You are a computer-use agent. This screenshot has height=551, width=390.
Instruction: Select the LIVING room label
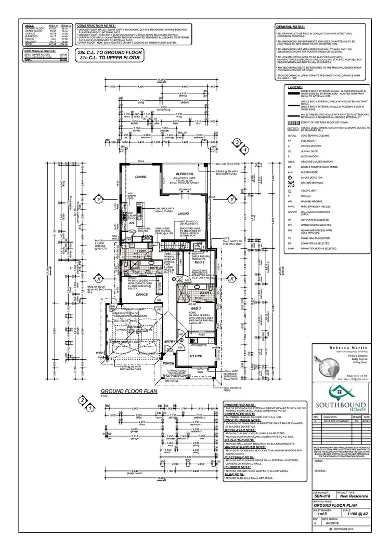(x=184, y=213)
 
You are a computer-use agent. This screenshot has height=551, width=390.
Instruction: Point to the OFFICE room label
(x=142, y=294)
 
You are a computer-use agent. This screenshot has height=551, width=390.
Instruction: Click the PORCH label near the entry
(x=167, y=364)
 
